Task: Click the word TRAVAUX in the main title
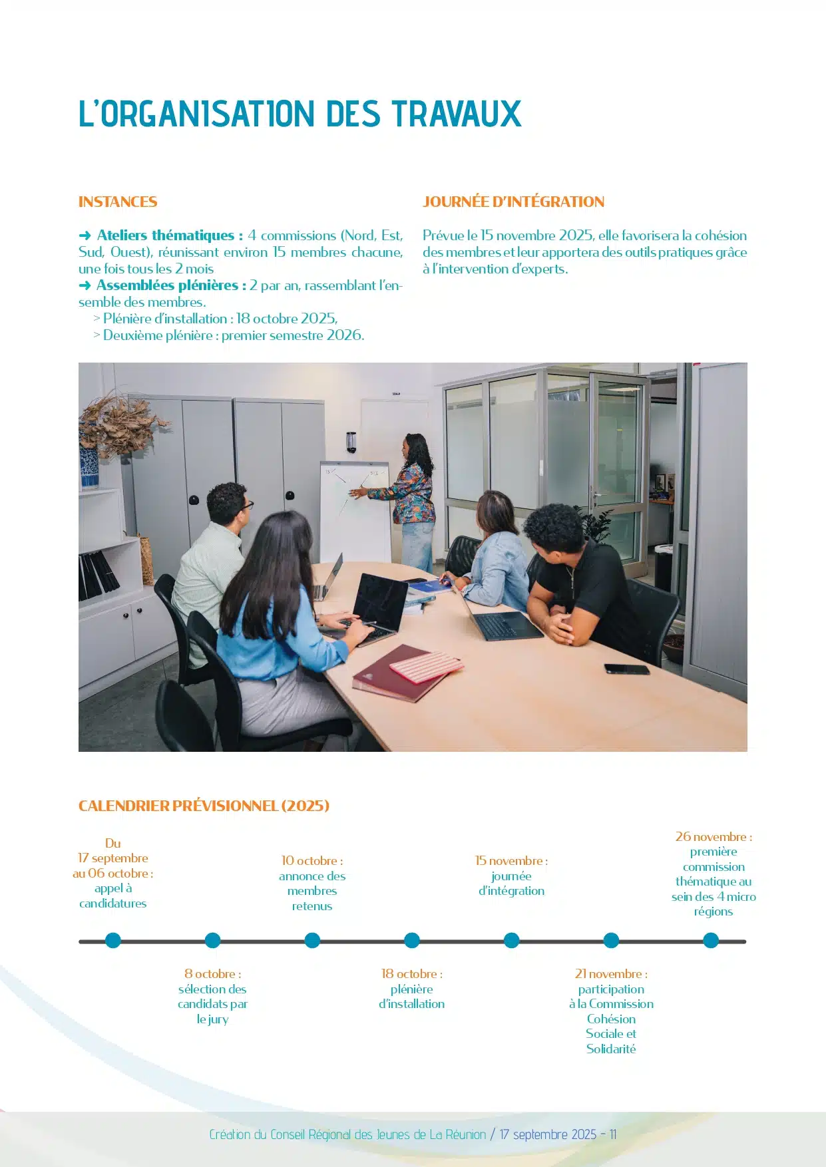pos(456,114)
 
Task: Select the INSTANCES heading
pos(118,202)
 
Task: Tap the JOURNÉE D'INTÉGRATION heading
pos(513,202)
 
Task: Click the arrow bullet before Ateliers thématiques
pos(85,236)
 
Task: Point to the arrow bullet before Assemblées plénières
pos(85,285)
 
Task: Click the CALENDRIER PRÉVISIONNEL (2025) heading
pos(204,806)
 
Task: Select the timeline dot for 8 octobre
pos(212,941)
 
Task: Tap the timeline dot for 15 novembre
pos(511,941)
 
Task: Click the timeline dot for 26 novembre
pos(711,941)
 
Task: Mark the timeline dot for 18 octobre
pos(412,941)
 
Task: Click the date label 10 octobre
pos(311,861)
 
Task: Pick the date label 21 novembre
pos(610,974)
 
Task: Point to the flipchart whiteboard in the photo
pos(355,506)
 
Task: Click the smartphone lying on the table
pos(626,669)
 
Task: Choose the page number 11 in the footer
pos(612,1134)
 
